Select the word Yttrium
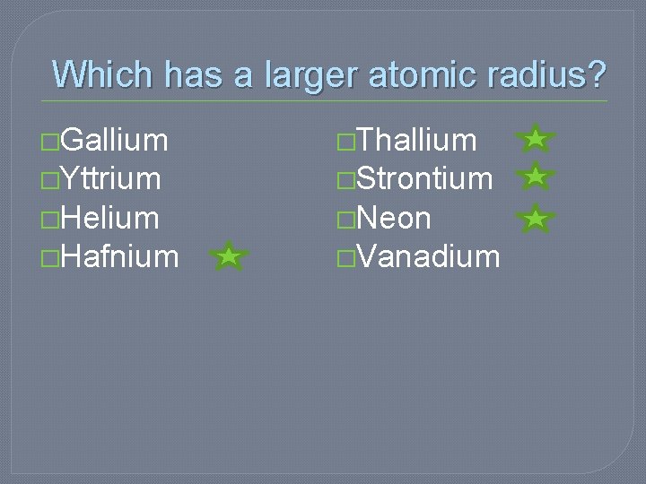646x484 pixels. click(111, 179)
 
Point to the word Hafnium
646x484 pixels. click(120, 257)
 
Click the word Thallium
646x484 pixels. click(416, 140)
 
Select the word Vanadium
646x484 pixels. click(427, 257)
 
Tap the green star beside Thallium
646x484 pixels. click(536, 139)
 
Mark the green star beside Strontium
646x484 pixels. click(536, 177)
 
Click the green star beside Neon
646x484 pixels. click(536, 218)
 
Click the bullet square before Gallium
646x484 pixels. click(51, 142)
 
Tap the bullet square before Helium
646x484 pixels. click(51, 220)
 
